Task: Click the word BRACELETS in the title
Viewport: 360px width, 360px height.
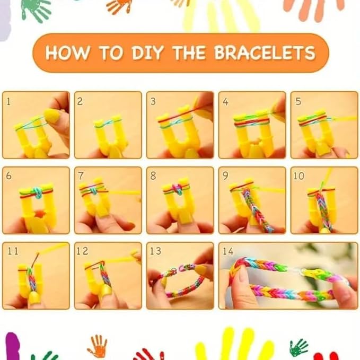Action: click(265, 52)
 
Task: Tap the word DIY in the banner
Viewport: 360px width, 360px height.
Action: click(147, 53)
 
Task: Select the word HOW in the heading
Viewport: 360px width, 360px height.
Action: click(67, 53)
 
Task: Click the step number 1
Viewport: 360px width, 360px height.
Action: click(8, 101)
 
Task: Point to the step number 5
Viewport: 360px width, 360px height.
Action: click(298, 101)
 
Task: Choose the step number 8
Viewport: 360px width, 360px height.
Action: click(153, 176)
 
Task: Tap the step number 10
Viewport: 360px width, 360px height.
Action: click(299, 176)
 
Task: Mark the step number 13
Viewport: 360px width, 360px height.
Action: click(155, 251)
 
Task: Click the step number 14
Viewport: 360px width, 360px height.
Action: click(228, 251)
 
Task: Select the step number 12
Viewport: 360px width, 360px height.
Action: click(82, 251)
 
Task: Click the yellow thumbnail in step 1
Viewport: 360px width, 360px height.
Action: click(52, 116)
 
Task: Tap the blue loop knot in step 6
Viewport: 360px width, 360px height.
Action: click(38, 192)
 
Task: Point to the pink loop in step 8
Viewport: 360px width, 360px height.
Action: click(177, 189)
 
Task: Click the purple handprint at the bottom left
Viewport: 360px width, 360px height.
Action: click(13, 346)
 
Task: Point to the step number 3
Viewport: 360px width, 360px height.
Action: click(153, 101)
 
